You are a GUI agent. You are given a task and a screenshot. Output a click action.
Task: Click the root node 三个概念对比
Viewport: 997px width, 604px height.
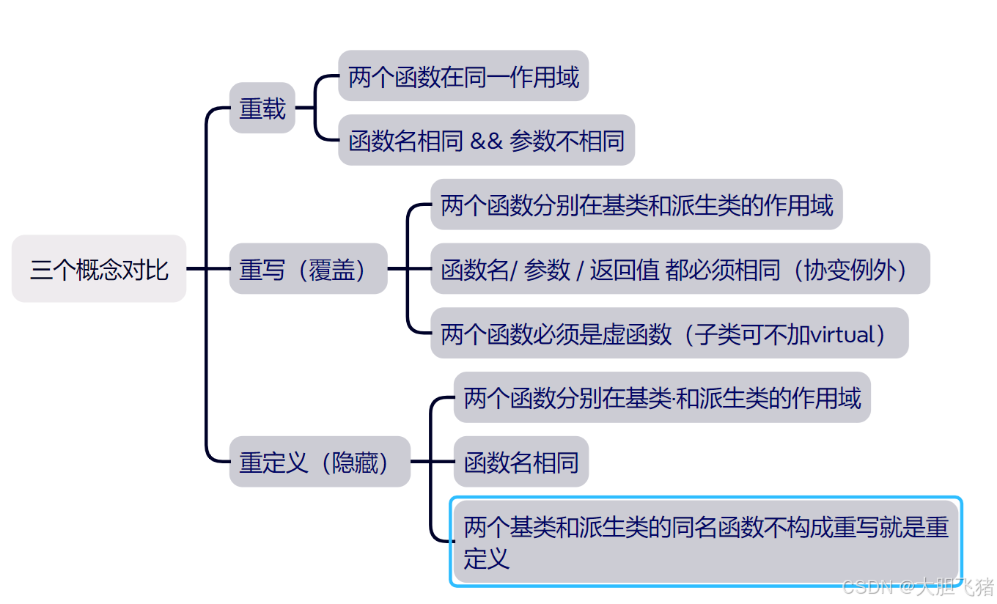coord(99,269)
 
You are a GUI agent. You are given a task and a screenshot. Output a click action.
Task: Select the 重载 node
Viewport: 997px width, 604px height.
coord(262,109)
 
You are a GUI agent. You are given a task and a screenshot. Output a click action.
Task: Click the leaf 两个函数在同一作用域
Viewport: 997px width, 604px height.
coord(463,76)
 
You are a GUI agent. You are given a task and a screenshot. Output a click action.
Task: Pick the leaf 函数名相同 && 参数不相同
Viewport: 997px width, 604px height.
coord(486,141)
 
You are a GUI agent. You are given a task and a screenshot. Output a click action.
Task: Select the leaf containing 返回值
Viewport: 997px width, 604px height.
coord(680,270)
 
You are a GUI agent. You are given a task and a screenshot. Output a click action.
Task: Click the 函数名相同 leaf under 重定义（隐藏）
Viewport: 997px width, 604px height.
coord(520,463)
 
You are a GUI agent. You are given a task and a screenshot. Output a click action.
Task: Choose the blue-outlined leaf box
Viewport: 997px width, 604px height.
coord(705,542)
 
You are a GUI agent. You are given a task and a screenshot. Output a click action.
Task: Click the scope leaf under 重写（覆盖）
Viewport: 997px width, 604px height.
coord(636,205)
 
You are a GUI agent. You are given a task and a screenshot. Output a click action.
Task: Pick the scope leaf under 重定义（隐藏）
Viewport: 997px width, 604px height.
coord(661,398)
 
